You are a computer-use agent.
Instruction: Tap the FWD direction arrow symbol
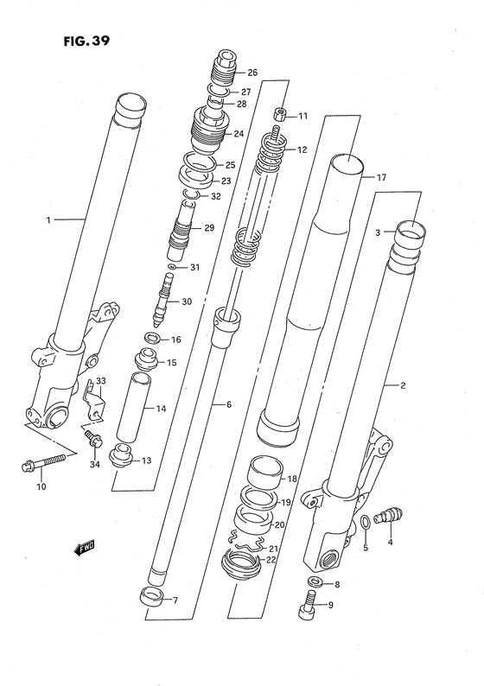(x=81, y=547)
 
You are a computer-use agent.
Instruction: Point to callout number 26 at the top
(x=252, y=72)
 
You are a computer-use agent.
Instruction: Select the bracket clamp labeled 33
(x=98, y=399)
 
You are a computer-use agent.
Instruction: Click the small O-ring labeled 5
(x=366, y=522)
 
